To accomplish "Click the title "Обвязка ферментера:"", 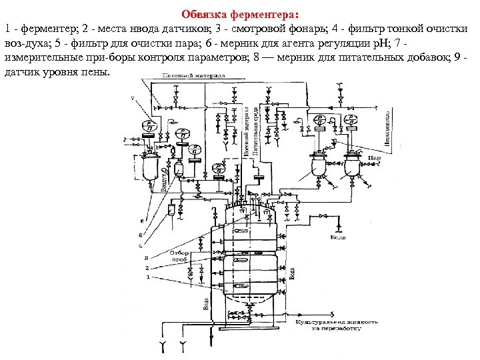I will point(241,14).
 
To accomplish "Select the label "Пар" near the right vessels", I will point(375,159).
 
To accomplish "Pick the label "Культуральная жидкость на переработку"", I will point(337,325).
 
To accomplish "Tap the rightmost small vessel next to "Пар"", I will point(351,166).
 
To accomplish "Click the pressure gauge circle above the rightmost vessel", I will point(350,125).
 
